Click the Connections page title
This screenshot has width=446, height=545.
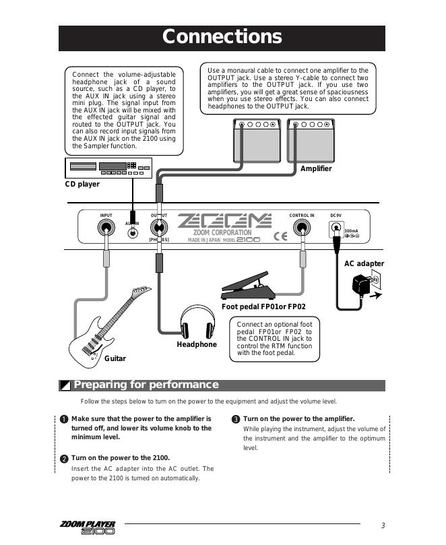point(222,37)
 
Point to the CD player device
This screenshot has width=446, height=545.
point(107,168)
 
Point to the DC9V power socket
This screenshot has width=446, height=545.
point(335,230)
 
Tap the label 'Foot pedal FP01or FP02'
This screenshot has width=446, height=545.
point(263,307)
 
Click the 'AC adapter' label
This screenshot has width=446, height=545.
point(364,264)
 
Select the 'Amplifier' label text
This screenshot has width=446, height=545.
point(316,169)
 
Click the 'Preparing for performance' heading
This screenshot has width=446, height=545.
point(146,385)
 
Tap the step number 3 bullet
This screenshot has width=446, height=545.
point(236,420)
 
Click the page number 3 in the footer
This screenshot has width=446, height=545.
point(383,526)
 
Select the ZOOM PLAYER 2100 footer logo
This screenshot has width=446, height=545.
point(87,527)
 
